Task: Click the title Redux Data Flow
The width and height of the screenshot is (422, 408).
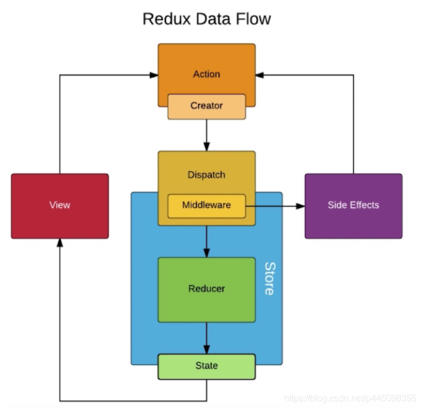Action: (x=207, y=19)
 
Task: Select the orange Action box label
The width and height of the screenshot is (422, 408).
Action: (x=207, y=74)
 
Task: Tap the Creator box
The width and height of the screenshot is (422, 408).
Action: (x=207, y=106)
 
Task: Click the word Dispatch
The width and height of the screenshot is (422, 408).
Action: (x=207, y=175)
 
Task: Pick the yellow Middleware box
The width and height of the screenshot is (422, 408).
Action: (x=207, y=205)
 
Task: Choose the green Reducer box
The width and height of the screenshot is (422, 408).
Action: (x=207, y=289)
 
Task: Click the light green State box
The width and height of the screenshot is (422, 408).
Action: (x=207, y=366)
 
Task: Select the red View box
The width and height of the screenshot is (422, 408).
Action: (x=60, y=205)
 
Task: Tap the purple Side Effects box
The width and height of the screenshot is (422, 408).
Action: (x=353, y=205)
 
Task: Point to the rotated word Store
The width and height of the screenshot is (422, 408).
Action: (x=269, y=278)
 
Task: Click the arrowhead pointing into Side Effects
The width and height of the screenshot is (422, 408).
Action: (x=300, y=205)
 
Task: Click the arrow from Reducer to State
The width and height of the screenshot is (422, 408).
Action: (x=207, y=338)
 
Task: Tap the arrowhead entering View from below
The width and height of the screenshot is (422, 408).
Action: (x=60, y=243)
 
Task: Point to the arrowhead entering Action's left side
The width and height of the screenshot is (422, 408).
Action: (x=153, y=75)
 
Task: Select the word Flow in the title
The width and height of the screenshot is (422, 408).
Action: (x=253, y=19)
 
